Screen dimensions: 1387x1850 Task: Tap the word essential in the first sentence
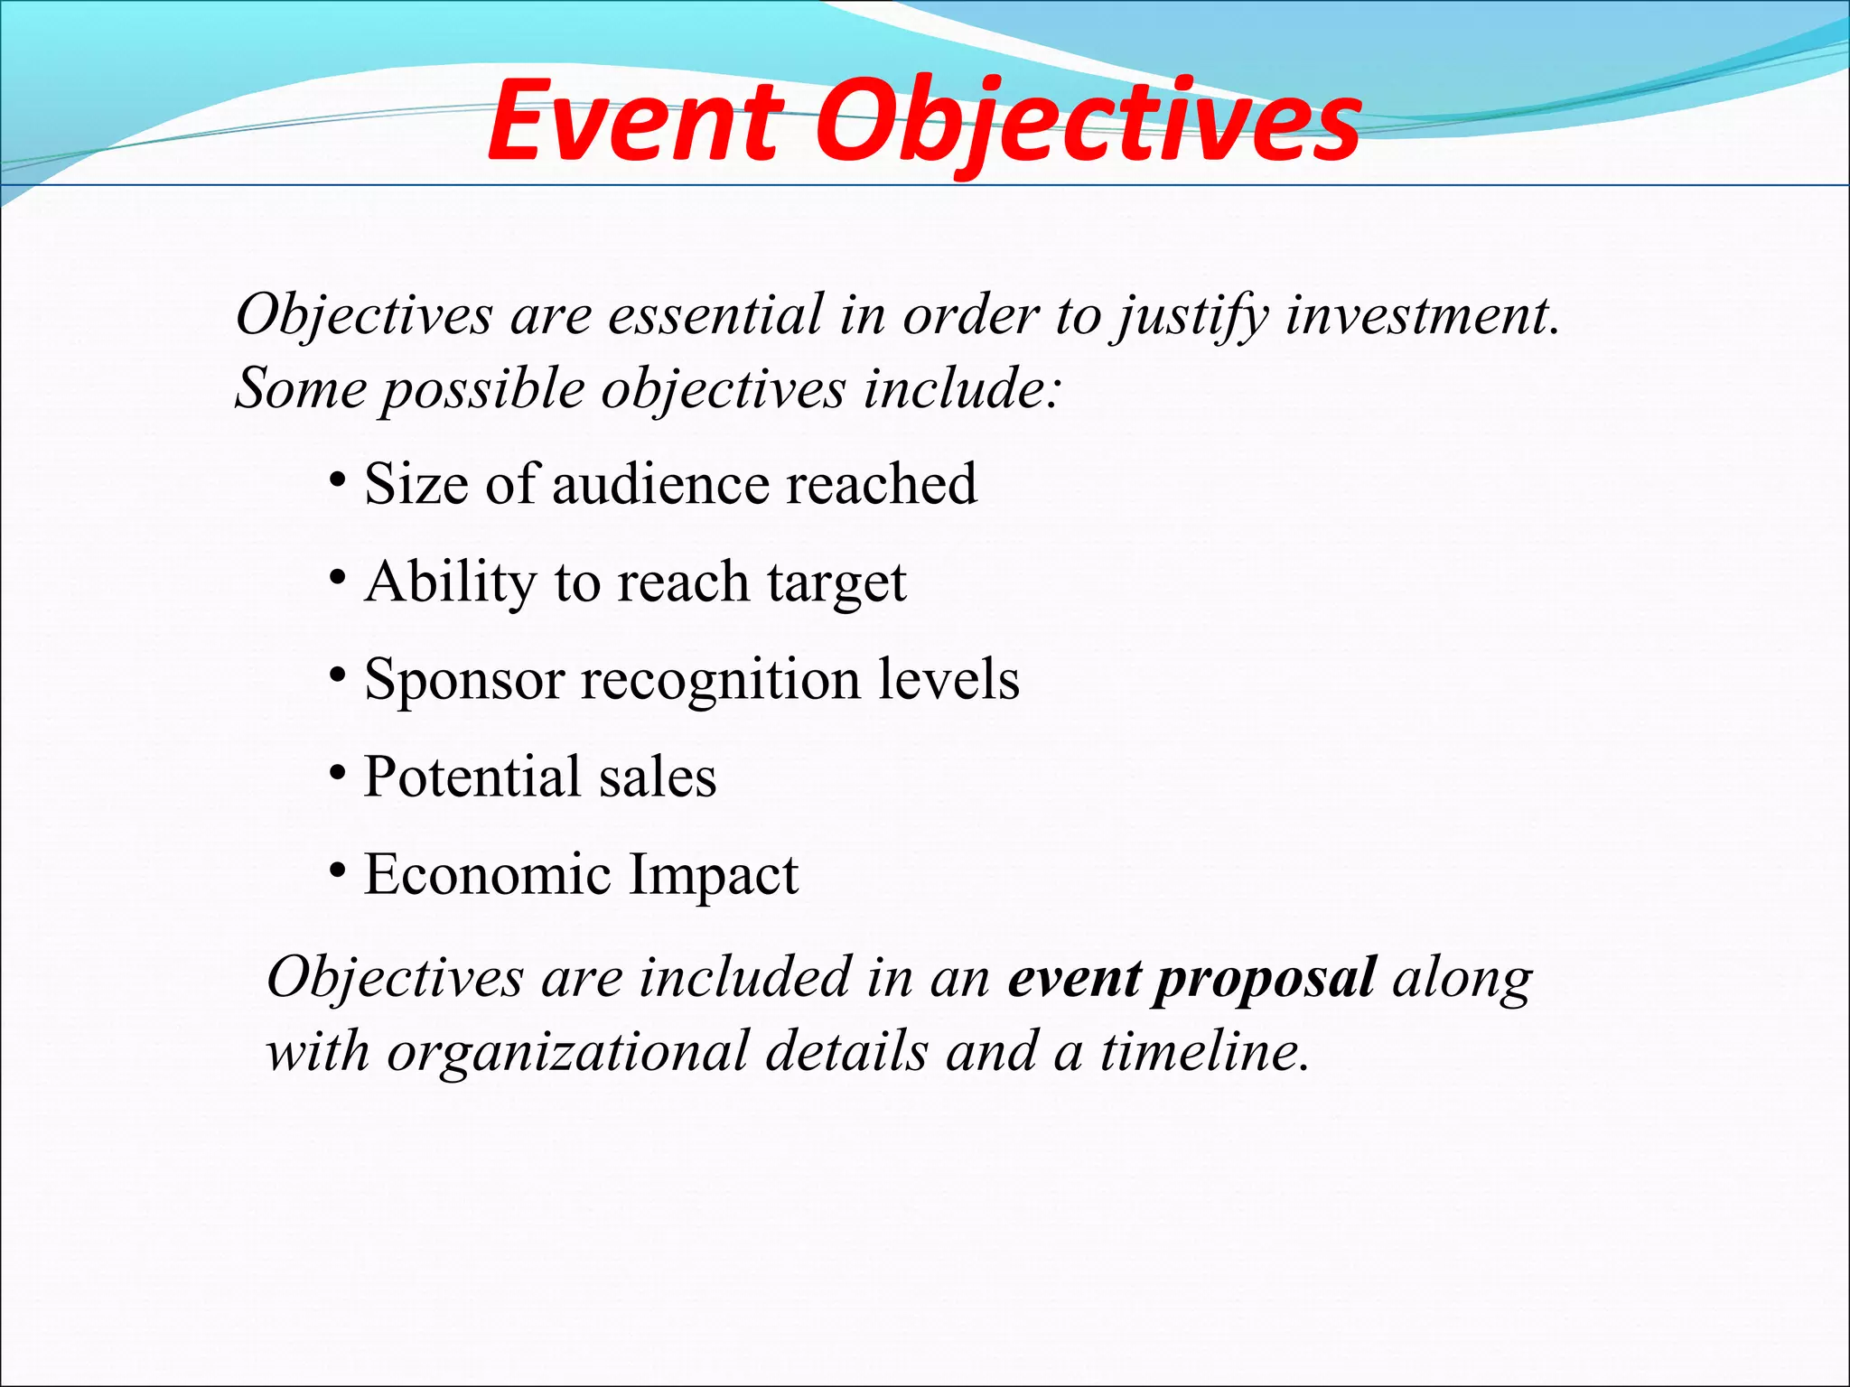coord(715,315)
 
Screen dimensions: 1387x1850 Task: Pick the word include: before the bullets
coord(961,388)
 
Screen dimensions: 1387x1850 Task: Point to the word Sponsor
coord(463,681)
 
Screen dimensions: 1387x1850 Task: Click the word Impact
coord(714,876)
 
